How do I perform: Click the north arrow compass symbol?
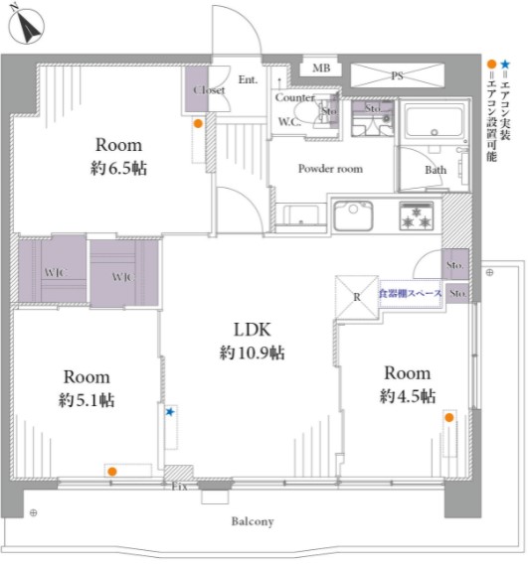27,26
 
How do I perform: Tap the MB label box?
321,68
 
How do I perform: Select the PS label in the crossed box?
397,75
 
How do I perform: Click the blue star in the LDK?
170,412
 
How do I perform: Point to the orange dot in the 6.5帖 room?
198,124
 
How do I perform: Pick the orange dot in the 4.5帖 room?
449,418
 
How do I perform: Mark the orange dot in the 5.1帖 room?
112,472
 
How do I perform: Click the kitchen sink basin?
353,215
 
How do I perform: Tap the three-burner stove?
416,215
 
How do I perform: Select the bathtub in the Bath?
435,121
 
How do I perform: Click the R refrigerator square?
357,297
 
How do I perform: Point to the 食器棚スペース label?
411,293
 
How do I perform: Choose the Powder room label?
330,169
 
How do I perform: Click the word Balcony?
253,521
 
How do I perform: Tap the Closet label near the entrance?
209,90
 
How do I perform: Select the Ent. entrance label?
248,79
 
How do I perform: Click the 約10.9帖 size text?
252,353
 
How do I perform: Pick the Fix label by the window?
180,487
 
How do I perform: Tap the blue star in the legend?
505,65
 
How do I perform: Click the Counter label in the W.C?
294,97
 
